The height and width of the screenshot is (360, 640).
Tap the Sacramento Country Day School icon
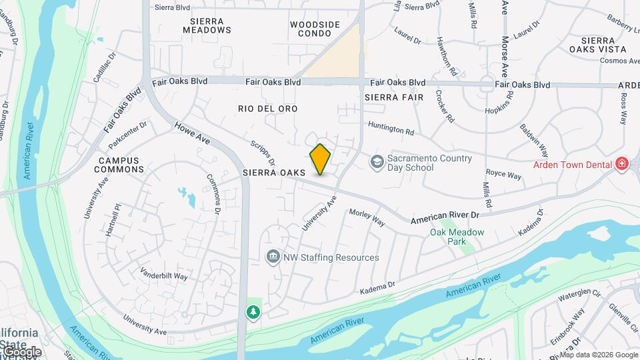377,162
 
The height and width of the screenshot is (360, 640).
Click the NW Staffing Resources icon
272,257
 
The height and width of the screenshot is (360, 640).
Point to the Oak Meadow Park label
457,237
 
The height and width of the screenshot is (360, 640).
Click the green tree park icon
253,311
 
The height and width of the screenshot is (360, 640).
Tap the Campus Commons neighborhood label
121,165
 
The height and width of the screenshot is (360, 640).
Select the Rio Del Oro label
267,108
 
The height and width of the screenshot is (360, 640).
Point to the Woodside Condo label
315,29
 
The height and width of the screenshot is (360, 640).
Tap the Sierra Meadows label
207,25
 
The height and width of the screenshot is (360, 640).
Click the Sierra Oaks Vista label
598,45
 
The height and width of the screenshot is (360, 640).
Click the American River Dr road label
445,218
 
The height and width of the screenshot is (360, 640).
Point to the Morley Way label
367,217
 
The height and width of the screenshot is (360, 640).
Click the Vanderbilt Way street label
164,274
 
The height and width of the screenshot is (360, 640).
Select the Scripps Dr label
263,153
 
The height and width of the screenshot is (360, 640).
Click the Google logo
22,351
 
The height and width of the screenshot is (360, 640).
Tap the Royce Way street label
504,175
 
